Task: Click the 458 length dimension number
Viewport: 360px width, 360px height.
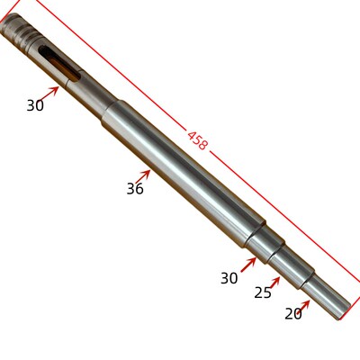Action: pos(197,140)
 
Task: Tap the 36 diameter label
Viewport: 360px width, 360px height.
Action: pos(135,189)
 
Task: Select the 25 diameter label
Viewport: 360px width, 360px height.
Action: pos(263,292)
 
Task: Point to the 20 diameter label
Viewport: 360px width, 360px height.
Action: pos(293,314)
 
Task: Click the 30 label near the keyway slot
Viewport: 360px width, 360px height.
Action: pos(35,105)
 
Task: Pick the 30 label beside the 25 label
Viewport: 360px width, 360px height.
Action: pos(229,278)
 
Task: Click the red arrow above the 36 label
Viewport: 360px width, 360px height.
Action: pos(143,176)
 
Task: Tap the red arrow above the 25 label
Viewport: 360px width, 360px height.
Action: pos(274,283)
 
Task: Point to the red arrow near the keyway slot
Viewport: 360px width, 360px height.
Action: pos(49,93)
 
